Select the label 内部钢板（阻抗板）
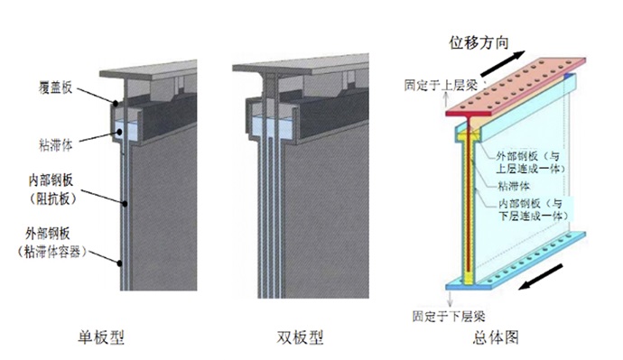click(x=66, y=186)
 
